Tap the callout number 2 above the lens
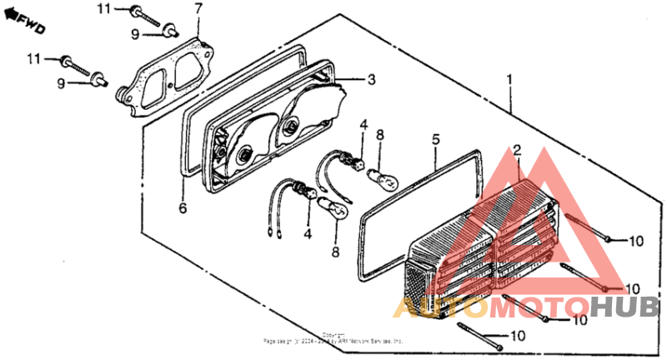pos(517,150)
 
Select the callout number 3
pos(371,80)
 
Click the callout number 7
pos(198,9)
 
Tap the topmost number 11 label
pos(103,9)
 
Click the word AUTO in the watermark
pos(438,308)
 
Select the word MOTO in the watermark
pos(528,308)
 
